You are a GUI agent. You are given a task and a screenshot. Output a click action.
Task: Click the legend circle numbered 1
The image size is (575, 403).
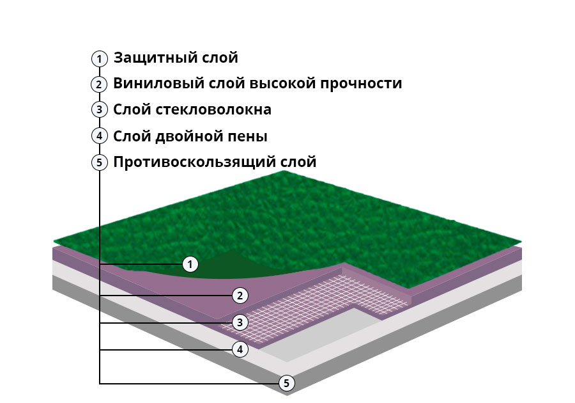(x=100, y=59)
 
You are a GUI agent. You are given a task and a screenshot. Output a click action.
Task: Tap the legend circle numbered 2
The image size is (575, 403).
(x=99, y=84)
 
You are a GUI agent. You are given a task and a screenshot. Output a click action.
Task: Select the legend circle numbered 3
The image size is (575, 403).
(x=100, y=109)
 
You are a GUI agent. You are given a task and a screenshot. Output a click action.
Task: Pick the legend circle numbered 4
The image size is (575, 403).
(x=100, y=136)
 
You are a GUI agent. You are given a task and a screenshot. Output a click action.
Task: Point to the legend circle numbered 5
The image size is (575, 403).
(x=100, y=162)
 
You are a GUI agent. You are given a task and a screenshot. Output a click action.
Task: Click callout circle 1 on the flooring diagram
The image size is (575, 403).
(x=190, y=264)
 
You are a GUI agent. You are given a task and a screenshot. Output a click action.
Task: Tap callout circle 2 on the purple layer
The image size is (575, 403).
(x=240, y=296)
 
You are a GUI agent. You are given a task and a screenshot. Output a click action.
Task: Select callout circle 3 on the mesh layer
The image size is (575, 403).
(x=240, y=322)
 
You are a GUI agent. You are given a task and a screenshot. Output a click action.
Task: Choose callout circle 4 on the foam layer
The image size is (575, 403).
(x=240, y=349)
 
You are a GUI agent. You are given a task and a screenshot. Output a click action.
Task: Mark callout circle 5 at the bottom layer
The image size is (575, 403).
(x=286, y=383)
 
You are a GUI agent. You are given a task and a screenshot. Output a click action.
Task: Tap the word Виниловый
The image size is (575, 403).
(x=159, y=84)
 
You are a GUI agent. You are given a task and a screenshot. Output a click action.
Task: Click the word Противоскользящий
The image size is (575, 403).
(x=194, y=162)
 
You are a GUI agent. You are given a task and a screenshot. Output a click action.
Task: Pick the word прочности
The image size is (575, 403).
(x=361, y=84)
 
